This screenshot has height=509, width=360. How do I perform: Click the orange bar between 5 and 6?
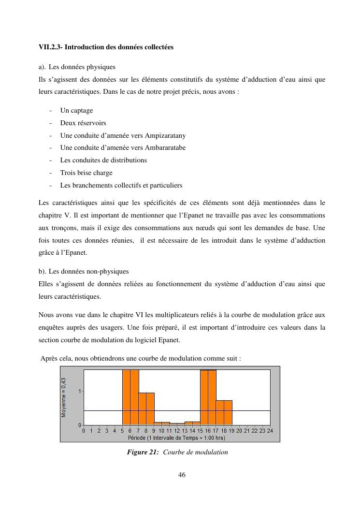(x=126, y=397)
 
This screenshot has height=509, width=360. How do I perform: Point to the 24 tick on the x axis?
(x=270, y=430)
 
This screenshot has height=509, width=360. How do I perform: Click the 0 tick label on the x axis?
(x=84, y=430)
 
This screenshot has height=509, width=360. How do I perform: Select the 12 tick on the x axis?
(x=177, y=430)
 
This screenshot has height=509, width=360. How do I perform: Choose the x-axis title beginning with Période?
(x=176, y=438)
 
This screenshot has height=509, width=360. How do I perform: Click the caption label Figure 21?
(x=143, y=452)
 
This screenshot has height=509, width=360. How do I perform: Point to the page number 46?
(x=182, y=475)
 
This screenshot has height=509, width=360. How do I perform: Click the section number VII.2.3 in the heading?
(x=50, y=47)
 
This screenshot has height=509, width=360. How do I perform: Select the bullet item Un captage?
(x=76, y=110)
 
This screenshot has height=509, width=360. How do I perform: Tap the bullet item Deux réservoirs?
(x=83, y=123)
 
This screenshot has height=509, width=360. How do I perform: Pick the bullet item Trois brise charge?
(x=86, y=173)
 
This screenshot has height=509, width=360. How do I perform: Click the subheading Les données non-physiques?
(x=88, y=272)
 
